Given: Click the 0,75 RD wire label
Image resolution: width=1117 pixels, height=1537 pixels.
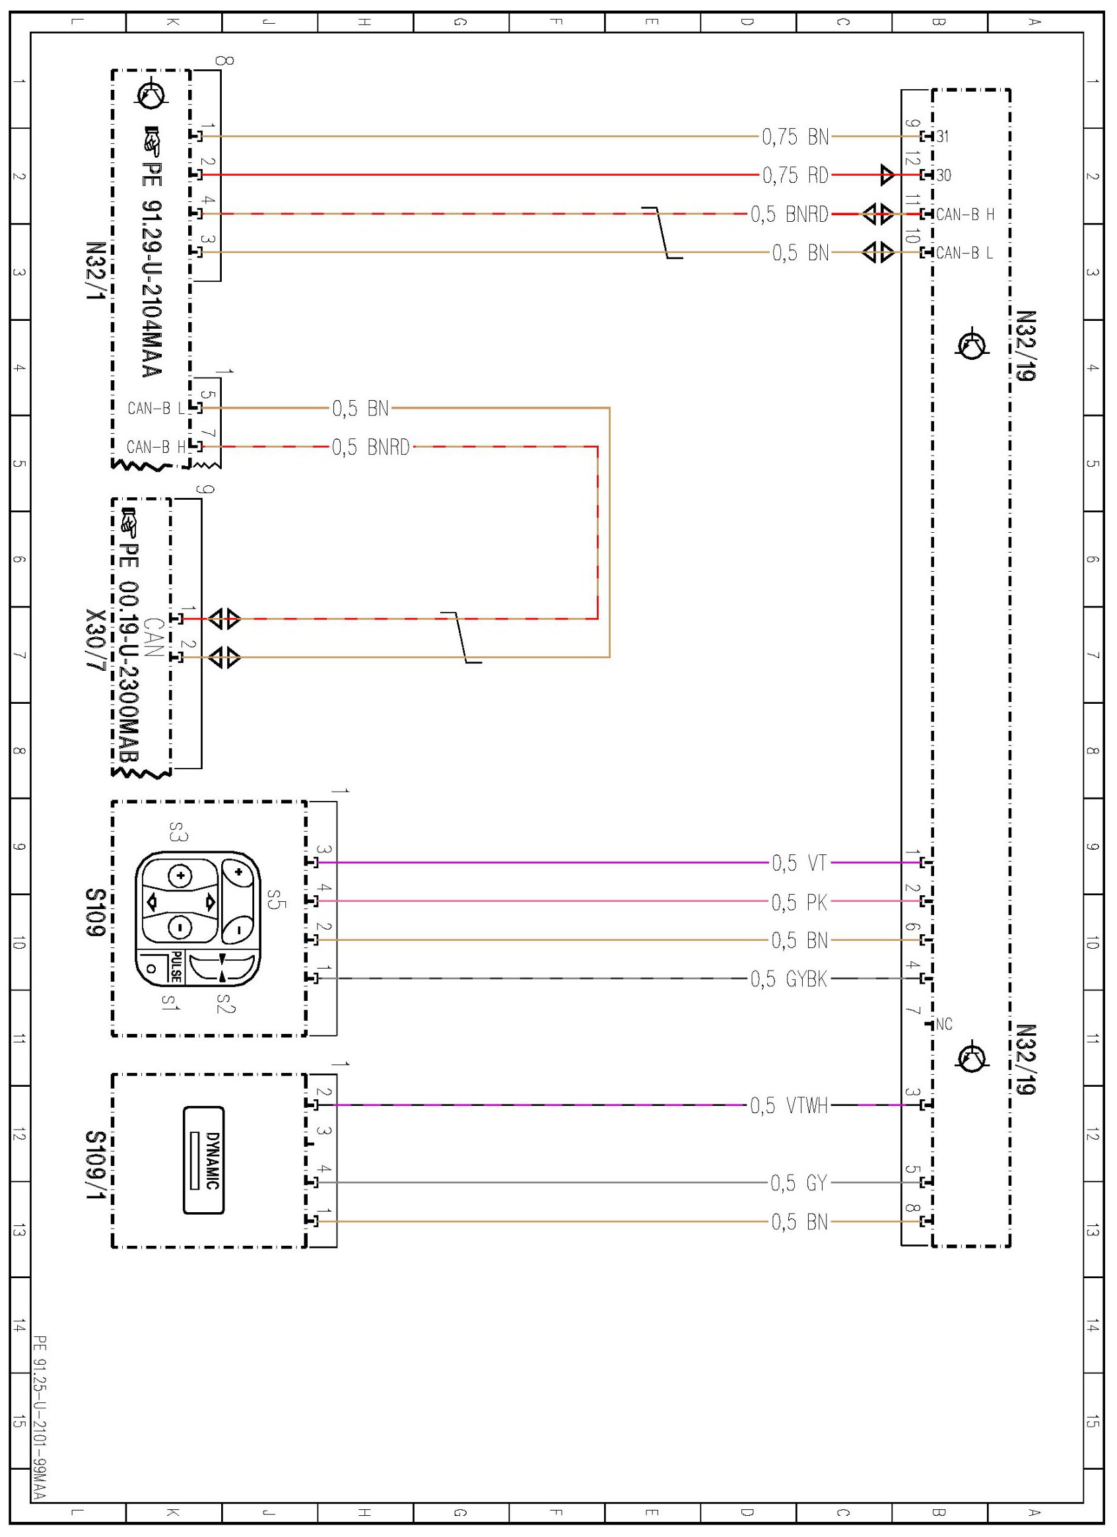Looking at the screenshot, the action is coord(795,176).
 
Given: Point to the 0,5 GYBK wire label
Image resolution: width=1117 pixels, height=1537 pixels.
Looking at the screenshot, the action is coord(788,979).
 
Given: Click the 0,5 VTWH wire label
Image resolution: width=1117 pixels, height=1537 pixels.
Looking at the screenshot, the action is coord(788,1106).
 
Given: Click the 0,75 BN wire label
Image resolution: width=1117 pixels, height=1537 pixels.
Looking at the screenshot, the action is coord(795,137).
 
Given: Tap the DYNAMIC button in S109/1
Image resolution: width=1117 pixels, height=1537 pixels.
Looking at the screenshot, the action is coord(205,1160).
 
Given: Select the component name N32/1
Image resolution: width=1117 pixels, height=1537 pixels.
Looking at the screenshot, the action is coord(96,272).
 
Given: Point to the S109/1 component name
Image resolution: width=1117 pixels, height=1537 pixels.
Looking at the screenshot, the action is coord(96,1164).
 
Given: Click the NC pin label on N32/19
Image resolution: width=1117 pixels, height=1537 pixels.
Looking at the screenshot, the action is coord(943,1025).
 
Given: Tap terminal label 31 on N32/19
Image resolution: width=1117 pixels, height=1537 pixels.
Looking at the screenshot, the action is coord(943,137).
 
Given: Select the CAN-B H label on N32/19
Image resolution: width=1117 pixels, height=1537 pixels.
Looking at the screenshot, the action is coord(965,215).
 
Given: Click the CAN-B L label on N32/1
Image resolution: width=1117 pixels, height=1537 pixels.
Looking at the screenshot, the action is coord(155,409).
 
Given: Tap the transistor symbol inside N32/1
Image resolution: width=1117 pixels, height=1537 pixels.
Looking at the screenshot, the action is coord(151,94).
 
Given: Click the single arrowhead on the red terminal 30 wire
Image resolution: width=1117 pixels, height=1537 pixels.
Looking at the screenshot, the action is coord(887,175).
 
